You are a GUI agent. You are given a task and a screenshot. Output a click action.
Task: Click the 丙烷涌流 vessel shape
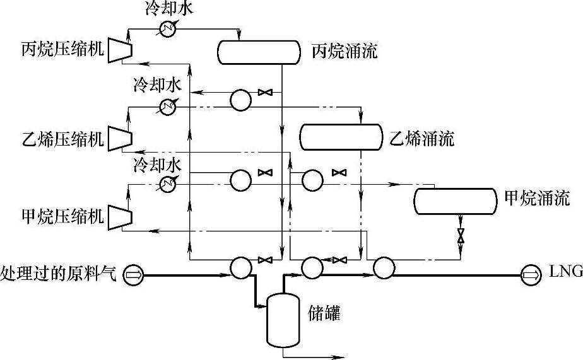pyautogui.click(x=258, y=52)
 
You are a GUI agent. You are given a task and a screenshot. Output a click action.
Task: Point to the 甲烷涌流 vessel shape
pyautogui.click(x=455, y=200)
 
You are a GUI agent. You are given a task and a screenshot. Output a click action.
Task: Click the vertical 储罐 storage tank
pyautogui.click(x=282, y=320)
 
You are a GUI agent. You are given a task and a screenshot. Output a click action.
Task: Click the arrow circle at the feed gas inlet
pyautogui.click(x=134, y=274)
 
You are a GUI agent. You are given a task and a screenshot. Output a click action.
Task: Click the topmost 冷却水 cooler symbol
pyautogui.click(x=167, y=30)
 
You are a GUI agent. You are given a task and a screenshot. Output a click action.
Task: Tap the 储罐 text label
pyautogui.click(x=324, y=313)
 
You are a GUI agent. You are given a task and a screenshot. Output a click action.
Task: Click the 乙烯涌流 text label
pyautogui.click(x=421, y=138)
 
